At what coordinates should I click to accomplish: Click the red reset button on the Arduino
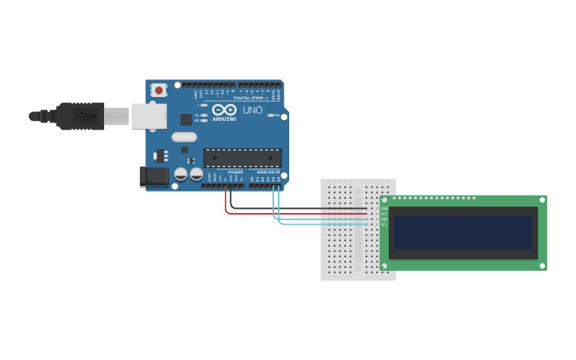pos(159,91)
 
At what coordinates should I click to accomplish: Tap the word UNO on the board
pos(253,110)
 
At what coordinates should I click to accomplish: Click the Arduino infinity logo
pos(224,110)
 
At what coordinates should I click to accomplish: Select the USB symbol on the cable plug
pos(83,116)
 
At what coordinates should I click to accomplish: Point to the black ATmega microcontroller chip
pos(242,157)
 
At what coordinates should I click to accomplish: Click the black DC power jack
pos(154,176)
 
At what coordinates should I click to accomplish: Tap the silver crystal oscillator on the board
pos(184,137)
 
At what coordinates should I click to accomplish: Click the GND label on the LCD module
pos(384,208)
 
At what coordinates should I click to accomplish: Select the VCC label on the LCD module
pos(384,214)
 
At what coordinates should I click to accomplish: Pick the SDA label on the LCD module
pos(384,219)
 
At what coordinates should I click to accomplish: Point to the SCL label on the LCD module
pos(384,225)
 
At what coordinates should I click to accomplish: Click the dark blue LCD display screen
pos(463,232)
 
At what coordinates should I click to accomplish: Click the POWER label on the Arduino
pos(235,172)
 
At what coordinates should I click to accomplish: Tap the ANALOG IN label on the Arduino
pos(268,172)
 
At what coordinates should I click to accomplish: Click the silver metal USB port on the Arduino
pos(148,116)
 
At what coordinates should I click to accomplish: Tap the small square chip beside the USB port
pos(186,119)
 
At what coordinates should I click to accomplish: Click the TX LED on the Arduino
pos(203,115)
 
